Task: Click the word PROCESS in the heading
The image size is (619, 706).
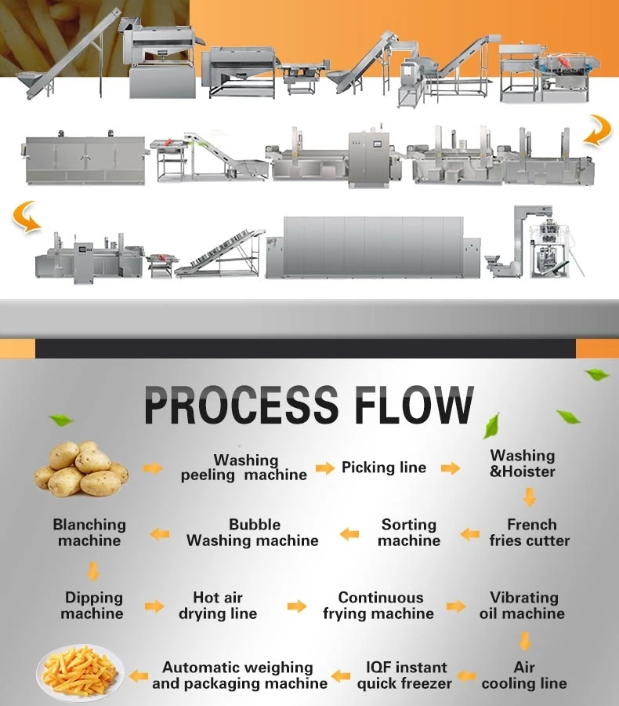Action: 241,406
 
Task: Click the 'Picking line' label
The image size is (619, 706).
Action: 384,468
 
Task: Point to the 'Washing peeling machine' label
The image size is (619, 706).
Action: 244,468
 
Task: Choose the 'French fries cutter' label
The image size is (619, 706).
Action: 530,533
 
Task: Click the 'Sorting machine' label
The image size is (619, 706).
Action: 408,533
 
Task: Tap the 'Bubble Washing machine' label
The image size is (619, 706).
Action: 252,533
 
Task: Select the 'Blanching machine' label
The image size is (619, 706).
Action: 89,533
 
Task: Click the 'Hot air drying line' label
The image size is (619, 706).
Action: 218,606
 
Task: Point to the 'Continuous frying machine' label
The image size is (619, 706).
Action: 379,606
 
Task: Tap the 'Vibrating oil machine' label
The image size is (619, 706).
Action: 523,606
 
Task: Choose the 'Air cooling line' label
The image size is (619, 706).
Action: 524,675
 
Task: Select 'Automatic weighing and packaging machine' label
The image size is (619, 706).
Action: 240,675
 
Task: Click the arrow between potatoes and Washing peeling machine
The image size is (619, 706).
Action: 153,468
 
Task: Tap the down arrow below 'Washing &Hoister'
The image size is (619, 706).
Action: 530,497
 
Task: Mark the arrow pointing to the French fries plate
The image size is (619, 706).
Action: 139,675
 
